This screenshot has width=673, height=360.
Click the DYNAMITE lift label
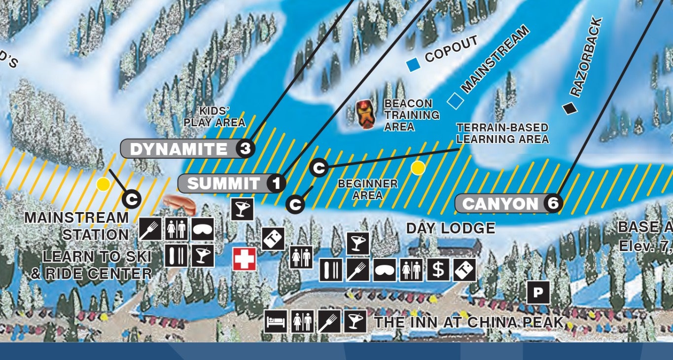click(x=179, y=149)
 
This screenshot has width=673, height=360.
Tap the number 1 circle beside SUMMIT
click(x=277, y=184)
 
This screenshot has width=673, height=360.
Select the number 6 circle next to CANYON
click(x=553, y=204)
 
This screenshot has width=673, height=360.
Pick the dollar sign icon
click(x=438, y=270)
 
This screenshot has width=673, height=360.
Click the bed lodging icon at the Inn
click(x=276, y=322)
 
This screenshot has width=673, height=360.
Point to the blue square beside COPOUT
click(x=412, y=63)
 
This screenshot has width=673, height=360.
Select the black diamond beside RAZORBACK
click(x=570, y=108)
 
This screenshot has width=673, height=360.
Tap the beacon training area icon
click(x=366, y=114)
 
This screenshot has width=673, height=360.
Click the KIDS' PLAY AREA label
click(x=215, y=117)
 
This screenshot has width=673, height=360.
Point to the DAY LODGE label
click(x=450, y=228)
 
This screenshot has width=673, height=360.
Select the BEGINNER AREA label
click(x=367, y=189)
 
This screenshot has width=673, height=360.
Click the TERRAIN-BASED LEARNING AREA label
click(x=502, y=133)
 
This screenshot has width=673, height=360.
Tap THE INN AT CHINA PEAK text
click(x=469, y=323)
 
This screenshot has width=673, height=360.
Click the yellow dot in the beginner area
click(x=418, y=168)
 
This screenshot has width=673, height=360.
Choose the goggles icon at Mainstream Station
click(x=203, y=229)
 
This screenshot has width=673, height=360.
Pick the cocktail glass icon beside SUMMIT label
click(x=242, y=209)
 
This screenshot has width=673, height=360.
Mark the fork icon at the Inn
click(x=329, y=322)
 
